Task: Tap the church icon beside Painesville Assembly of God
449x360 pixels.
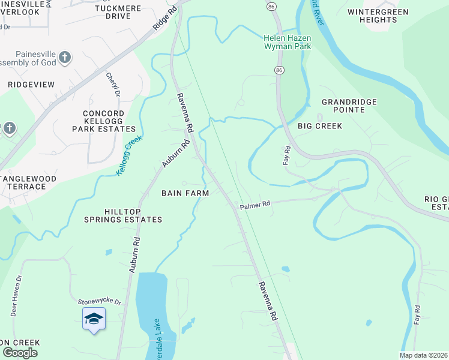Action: (65, 58)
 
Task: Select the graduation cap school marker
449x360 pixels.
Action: (94, 319)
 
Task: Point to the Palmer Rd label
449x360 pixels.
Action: (256, 205)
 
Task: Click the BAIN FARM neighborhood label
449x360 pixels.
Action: (185, 193)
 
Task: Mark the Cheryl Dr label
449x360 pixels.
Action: (113, 84)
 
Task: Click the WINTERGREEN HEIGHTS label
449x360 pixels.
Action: (378, 16)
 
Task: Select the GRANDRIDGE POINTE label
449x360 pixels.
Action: (349, 106)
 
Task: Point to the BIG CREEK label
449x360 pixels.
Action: (320, 126)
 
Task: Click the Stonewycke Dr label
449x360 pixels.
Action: (100, 302)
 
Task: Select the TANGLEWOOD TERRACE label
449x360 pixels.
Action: (28, 182)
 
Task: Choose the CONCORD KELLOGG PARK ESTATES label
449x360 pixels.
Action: (104, 121)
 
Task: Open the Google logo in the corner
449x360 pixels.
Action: (20, 353)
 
